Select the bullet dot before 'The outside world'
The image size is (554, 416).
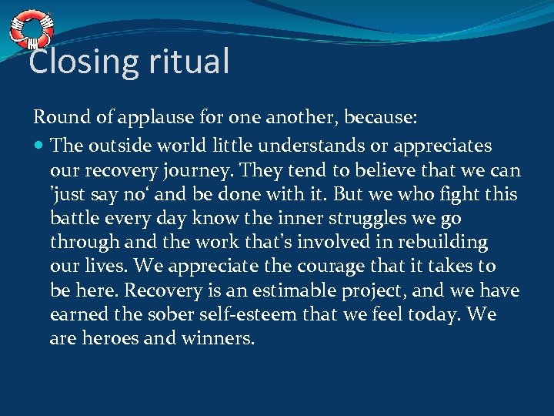click(38, 146)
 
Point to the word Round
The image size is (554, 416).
click(57, 117)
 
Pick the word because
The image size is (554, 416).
click(381, 117)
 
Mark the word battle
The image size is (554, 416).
click(75, 218)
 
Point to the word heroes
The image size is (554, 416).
click(109, 338)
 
